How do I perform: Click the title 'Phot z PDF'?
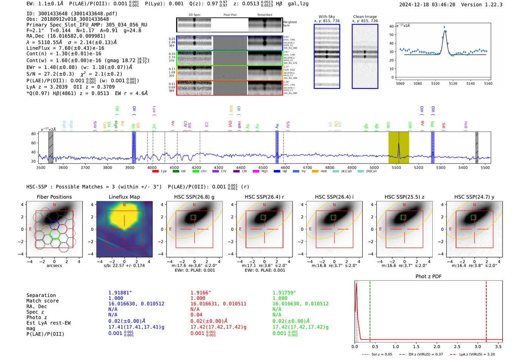tap(428, 277)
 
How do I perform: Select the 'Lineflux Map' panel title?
tap(124, 197)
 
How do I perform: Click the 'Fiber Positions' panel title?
tap(54, 197)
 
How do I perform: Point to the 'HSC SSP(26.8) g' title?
tap(194, 197)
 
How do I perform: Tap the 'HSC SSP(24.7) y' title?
tap(474, 197)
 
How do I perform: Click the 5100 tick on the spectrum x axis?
tap(396, 168)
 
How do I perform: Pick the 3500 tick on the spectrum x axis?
tap(41, 168)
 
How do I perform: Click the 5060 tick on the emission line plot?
tap(400, 83)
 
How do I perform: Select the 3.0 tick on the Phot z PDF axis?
tap(478, 346)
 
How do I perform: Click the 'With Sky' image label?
tap(326, 17)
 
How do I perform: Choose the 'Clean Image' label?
tap(365, 17)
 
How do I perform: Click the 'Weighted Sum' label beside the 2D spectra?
tap(290, 24)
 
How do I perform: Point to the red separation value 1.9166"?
tap(201, 293)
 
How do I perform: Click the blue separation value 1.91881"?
tap(120, 293)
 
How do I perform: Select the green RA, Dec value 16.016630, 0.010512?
tap(300, 304)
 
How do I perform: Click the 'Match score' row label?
tap(42, 301)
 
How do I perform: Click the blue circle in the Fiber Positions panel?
tap(54, 224)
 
